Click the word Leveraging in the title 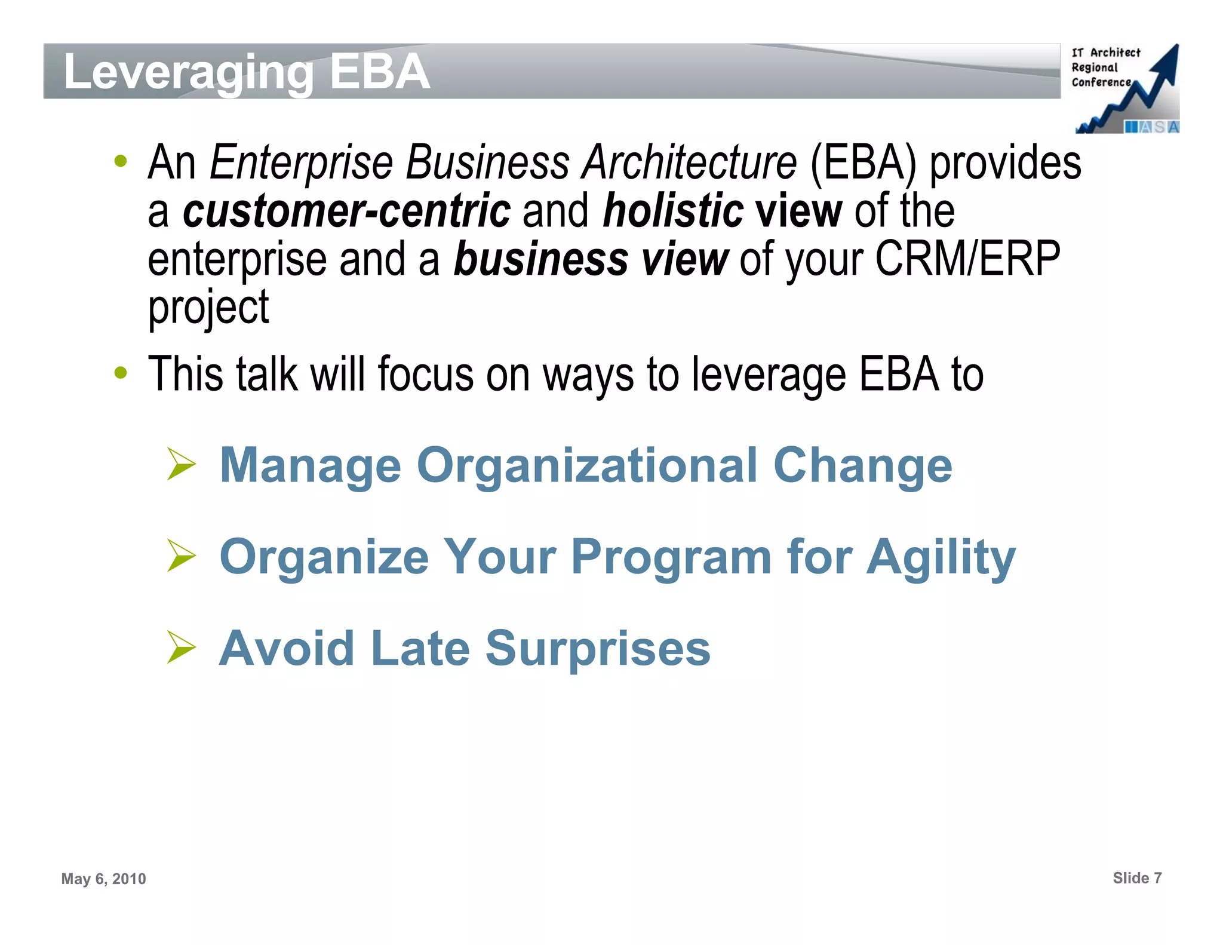pos(188,72)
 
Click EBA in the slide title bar pos(380,71)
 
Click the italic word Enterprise pos(301,162)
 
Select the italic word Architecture pos(689,162)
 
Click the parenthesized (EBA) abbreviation pos(862,162)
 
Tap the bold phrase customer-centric pos(346,211)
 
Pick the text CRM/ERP pos(967,259)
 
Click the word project pos(208,308)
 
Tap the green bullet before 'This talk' pos(121,373)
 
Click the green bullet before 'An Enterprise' pos(121,161)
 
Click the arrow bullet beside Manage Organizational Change pos(182,464)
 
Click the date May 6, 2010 pos(103,879)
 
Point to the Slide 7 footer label pos(1137,878)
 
